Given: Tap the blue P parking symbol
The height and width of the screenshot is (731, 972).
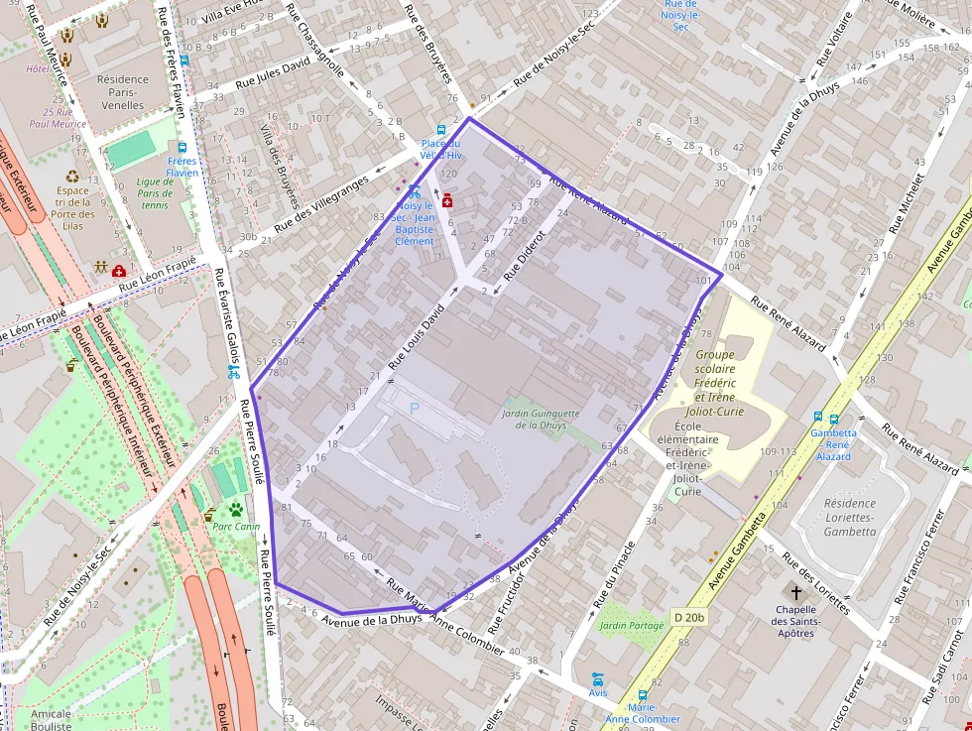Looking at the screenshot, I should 415,408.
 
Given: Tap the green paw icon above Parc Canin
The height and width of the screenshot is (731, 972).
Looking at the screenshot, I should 237,510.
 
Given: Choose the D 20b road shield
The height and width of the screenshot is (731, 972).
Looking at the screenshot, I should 689,617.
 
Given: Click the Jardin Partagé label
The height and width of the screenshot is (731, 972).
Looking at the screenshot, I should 631,626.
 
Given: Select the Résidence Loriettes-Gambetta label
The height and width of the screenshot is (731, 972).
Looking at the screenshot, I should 850,517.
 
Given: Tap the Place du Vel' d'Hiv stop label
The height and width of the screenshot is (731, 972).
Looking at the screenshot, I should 441,149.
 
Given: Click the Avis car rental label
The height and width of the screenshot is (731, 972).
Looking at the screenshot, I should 597,692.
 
